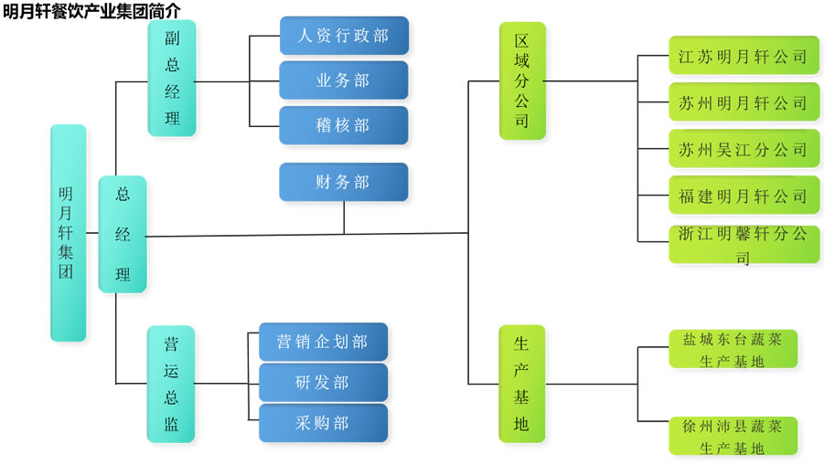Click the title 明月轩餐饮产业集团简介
pyautogui.click(x=91, y=10)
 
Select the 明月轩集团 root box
pyautogui.click(x=68, y=233)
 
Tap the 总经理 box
pyautogui.click(x=123, y=234)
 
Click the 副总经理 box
pyautogui.click(x=172, y=79)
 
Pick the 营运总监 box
pyautogui.click(x=172, y=384)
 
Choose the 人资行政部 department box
pyautogui.click(x=343, y=36)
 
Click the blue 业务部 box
pyautogui.click(x=343, y=80)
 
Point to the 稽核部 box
pyautogui.click(x=343, y=125)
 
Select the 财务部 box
pyautogui.click(x=343, y=182)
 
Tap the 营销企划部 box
pyautogui.click(x=323, y=342)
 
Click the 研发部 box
pyautogui.click(x=323, y=382)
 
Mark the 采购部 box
pyautogui.click(x=323, y=423)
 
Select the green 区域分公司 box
pyautogui.click(x=521, y=80)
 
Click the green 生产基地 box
pyautogui.click(x=521, y=384)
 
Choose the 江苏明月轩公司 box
pyautogui.click(x=744, y=57)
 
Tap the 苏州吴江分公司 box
pyautogui.click(x=744, y=149)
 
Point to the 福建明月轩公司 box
pyautogui.click(x=744, y=196)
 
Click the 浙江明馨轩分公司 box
pyautogui.click(x=744, y=244)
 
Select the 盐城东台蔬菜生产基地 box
pyautogui.click(x=733, y=349)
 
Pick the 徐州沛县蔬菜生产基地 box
pyautogui.click(x=733, y=437)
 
